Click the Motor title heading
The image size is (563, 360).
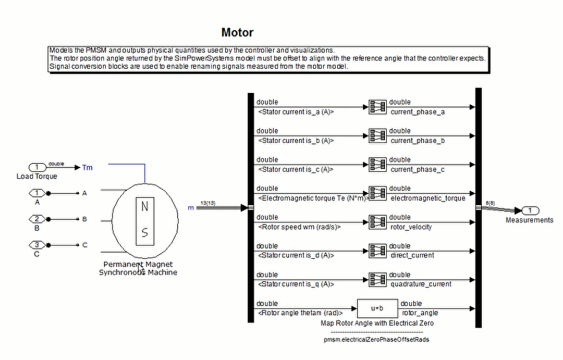click(x=237, y=32)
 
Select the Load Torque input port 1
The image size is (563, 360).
click(x=37, y=167)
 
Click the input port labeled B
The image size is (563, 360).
click(x=37, y=219)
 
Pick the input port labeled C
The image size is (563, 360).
click(x=37, y=245)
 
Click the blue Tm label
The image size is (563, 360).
click(x=88, y=167)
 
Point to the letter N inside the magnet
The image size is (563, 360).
click(x=145, y=207)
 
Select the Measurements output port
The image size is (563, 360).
click(x=529, y=210)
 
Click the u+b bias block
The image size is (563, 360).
click(x=377, y=308)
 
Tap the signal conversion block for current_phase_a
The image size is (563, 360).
click(x=377, y=107)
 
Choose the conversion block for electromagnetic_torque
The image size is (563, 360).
click(x=377, y=193)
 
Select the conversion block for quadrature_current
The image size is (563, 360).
click(x=377, y=280)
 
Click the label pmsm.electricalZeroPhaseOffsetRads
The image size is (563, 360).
click(x=376, y=339)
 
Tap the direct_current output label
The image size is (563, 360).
click(x=412, y=255)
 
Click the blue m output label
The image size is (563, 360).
click(x=191, y=208)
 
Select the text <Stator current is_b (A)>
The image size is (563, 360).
click(x=296, y=141)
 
